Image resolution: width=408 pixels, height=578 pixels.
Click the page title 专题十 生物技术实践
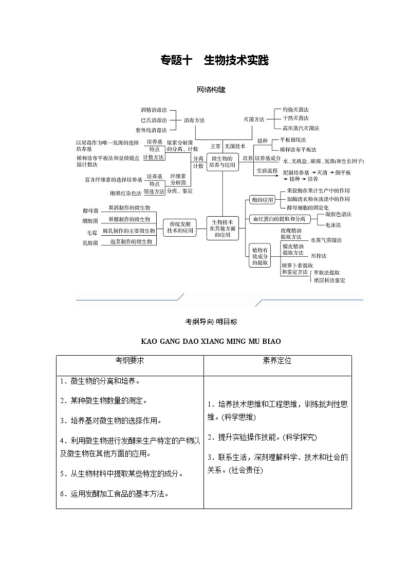click(215, 61)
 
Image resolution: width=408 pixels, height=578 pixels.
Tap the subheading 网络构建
click(211, 90)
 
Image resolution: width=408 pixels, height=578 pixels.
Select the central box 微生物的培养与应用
click(222, 162)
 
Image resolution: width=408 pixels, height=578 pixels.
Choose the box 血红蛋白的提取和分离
click(279, 219)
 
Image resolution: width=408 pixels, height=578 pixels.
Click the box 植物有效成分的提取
click(259, 255)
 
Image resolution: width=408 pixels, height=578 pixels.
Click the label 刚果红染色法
click(125, 194)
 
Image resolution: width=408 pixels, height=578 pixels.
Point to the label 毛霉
click(91, 233)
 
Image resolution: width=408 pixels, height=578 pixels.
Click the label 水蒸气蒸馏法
click(325, 240)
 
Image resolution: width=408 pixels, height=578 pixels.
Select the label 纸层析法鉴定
click(329, 280)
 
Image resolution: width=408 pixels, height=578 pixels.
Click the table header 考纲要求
click(129, 361)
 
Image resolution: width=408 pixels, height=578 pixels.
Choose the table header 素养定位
click(277, 361)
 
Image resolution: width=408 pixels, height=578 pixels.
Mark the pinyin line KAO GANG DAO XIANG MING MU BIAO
click(211, 341)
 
